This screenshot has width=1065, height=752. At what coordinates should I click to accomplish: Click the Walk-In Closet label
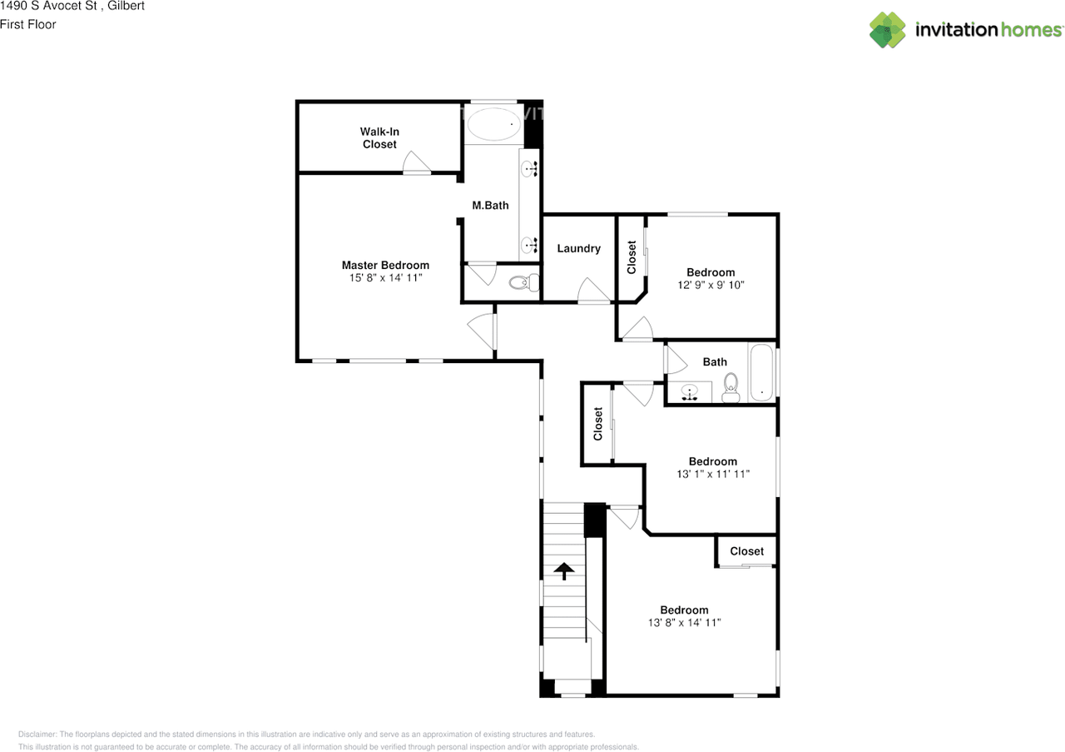click(379, 138)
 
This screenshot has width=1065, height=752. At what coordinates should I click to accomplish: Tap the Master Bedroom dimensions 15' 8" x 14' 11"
click(385, 278)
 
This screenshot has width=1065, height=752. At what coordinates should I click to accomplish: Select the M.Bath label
click(490, 206)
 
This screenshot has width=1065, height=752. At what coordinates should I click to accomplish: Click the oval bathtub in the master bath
click(492, 126)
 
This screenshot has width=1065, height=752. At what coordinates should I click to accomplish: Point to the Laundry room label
click(578, 248)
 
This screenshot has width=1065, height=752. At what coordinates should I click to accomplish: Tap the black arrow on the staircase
click(564, 571)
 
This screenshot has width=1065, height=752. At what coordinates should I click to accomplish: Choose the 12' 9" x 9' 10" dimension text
click(711, 285)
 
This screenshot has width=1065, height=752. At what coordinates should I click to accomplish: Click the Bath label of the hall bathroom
click(715, 362)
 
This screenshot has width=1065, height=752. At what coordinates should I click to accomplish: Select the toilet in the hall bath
click(731, 386)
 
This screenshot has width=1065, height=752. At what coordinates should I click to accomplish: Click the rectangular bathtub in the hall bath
click(761, 372)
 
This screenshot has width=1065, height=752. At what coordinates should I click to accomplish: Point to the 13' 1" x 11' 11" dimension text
click(712, 474)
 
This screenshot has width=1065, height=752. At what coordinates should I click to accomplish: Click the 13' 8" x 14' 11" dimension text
click(684, 622)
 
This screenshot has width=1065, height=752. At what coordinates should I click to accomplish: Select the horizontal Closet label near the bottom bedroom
click(746, 551)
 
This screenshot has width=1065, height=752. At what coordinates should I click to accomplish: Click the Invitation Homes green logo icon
click(888, 30)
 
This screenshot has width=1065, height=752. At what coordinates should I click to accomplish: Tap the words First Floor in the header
click(28, 25)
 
